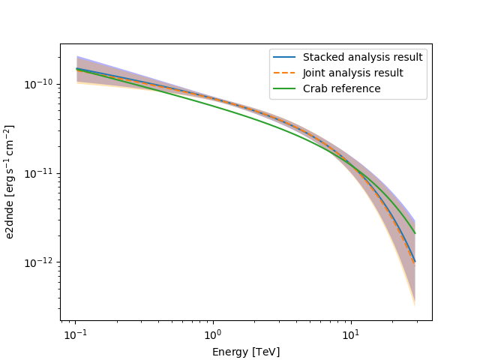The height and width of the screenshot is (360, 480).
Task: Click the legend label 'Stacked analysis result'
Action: click(362, 57)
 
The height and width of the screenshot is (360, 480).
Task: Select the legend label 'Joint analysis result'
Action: click(353, 73)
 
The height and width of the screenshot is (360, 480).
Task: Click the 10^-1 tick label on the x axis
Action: click(74, 332)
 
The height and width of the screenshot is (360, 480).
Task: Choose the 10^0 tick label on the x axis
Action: click(212, 332)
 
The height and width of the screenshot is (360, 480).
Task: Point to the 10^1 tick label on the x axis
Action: click(350, 332)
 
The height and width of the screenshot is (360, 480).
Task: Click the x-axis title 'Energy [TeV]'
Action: click(246, 351)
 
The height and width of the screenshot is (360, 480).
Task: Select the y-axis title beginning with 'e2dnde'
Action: click(10, 182)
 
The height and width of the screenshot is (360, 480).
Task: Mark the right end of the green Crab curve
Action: click(415, 232)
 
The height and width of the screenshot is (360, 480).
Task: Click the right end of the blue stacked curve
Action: click(415, 262)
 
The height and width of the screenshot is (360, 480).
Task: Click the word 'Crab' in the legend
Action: click(316, 88)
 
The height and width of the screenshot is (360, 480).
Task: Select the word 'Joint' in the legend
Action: click(316, 73)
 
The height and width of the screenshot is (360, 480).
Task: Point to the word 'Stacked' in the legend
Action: click(322, 57)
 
